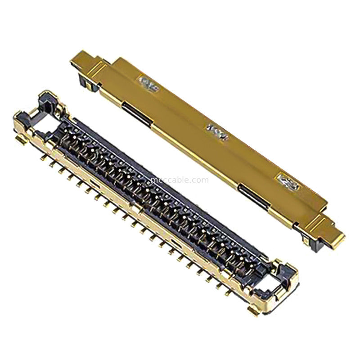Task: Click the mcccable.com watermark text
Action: click(179, 180)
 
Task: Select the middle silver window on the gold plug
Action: click(216, 131)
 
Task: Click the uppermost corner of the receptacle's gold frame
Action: click(47, 94)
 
